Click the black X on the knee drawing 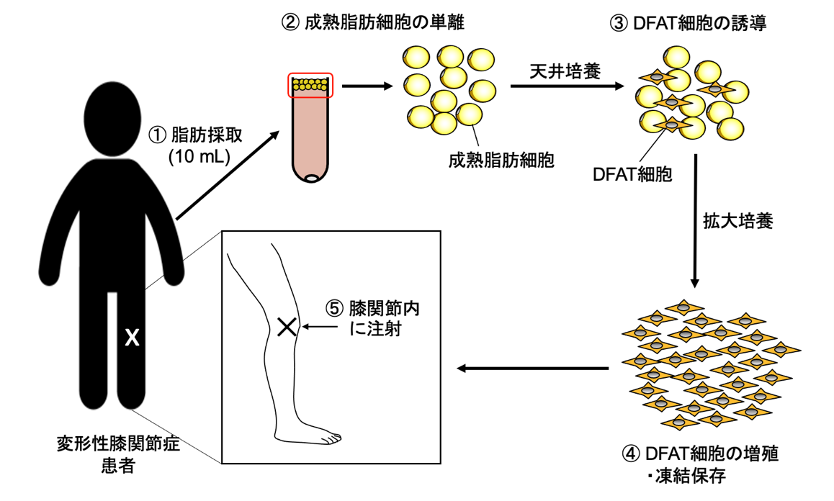(x=287, y=328)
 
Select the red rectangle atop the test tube (x=310, y=85)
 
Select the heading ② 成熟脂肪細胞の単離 (x=372, y=22)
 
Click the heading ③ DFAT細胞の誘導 (x=688, y=23)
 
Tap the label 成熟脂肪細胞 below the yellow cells (x=501, y=160)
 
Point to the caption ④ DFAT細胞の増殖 (x=701, y=454)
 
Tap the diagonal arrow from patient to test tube (x=228, y=176)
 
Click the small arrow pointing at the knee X (x=320, y=328)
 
